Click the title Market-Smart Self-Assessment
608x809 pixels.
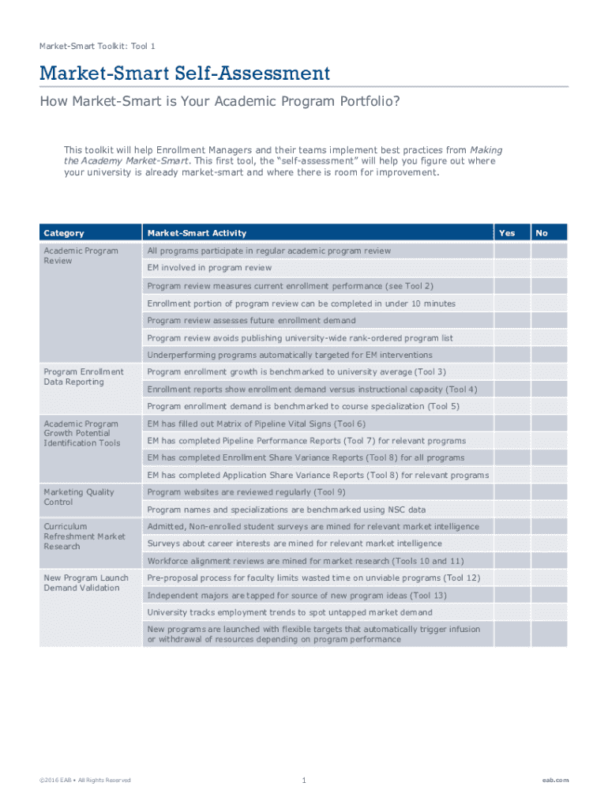tap(185, 74)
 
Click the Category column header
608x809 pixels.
tap(64, 233)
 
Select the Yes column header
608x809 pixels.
tap(508, 233)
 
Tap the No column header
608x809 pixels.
tap(542, 233)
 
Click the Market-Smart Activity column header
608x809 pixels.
tap(197, 233)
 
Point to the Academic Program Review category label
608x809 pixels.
tap(81, 256)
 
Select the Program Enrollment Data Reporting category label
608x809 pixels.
tap(84, 377)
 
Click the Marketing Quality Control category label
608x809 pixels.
tap(79, 497)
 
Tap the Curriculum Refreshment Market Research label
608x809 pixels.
tap(84, 536)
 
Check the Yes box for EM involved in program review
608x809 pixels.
tap(512, 268)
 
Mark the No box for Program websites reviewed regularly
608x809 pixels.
tap(549, 492)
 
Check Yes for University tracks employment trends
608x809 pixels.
tap(512, 612)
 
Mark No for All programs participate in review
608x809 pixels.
tap(549, 250)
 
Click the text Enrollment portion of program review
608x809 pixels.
tap(301, 303)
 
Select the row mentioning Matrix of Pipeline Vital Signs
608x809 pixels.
tap(256, 423)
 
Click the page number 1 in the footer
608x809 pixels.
tap(303, 781)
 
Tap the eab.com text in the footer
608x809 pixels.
tap(555, 781)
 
